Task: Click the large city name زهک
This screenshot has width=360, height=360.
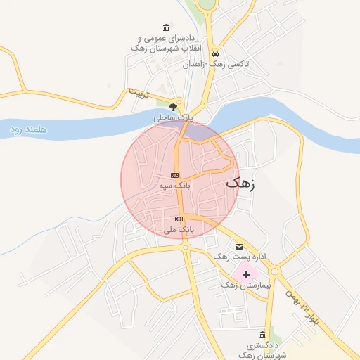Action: click(241, 184)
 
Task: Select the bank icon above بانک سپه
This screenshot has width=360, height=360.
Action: click(175, 175)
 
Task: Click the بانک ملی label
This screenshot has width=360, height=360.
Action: click(179, 229)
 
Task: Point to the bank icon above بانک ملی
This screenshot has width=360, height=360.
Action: click(179, 219)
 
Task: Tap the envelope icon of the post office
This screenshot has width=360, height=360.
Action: click(239, 246)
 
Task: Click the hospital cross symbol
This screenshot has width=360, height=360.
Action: click(246, 274)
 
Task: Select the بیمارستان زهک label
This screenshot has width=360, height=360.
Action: click(241, 285)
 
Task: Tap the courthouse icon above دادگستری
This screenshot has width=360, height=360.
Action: click(263, 334)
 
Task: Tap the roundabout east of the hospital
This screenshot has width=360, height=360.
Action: click(274, 271)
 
